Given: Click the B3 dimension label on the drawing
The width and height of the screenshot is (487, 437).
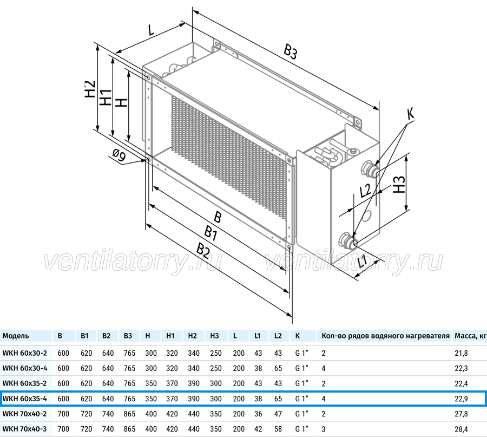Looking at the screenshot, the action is pyautogui.click(x=291, y=51).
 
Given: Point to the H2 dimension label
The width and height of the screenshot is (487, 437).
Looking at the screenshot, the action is pyautogui.click(x=90, y=89).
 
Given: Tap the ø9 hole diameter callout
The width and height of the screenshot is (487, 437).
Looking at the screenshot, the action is pyautogui.click(x=119, y=155).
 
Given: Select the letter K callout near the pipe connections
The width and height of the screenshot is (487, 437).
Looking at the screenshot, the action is pyautogui.click(x=410, y=114).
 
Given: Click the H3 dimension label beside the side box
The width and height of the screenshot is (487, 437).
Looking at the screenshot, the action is pyautogui.click(x=399, y=184).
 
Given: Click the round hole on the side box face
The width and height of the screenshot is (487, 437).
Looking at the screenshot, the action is pyautogui.click(x=368, y=215).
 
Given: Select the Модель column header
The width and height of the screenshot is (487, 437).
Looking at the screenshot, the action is pyautogui.click(x=16, y=336).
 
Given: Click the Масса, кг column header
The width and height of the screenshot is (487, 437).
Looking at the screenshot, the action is pyautogui.click(x=470, y=336).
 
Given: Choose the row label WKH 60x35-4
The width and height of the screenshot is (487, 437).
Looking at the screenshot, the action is pyautogui.click(x=24, y=399).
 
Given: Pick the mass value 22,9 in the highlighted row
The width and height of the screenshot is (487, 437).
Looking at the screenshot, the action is pyautogui.click(x=461, y=399).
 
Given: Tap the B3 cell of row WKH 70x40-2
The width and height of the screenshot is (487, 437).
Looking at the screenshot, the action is pyautogui.click(x=129, y=414).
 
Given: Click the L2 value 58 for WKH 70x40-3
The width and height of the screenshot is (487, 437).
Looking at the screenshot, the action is pyautogui.click(x=278, y=429).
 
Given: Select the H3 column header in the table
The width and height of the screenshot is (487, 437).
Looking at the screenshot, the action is pyautogui.click(x=214, y=336).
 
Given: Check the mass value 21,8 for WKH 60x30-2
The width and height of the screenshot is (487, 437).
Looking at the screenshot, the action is pyautogui.click(x=461, y=353).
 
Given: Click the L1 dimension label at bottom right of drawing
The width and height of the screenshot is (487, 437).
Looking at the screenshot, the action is pyautogui.click(x=362, y=262).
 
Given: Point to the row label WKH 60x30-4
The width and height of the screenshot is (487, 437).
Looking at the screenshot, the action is pyautogui.click(x=25, y=368).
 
